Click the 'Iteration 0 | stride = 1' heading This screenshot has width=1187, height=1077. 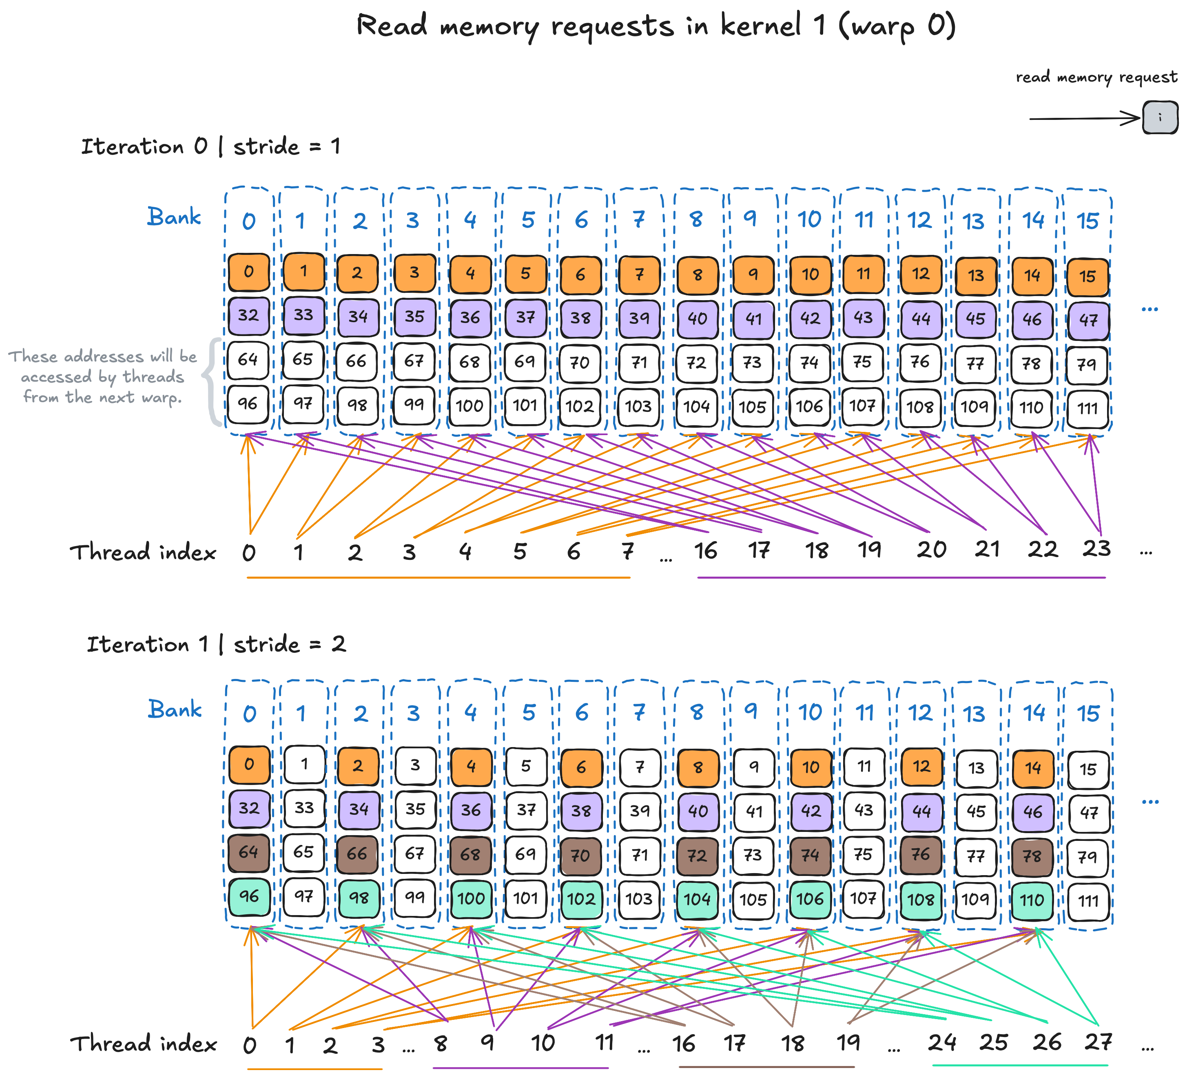[210, 146]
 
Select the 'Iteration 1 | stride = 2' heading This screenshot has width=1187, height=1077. [216, 644]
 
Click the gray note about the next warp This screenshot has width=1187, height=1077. [102, 377]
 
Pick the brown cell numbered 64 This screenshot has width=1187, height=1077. [248, 852]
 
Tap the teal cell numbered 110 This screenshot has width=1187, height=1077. [1032, 899]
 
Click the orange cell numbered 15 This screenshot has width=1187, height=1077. [1087, 276]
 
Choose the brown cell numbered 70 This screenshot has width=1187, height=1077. [580, 855]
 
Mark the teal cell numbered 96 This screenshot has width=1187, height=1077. [248, 896]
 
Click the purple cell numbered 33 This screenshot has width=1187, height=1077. [303, 315]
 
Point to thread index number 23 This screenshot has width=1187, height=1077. [1096, 548]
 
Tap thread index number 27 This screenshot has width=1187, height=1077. [1098, 1041]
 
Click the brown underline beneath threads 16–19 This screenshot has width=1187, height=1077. [766, 1066]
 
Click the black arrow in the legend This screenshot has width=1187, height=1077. [1083, 118]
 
